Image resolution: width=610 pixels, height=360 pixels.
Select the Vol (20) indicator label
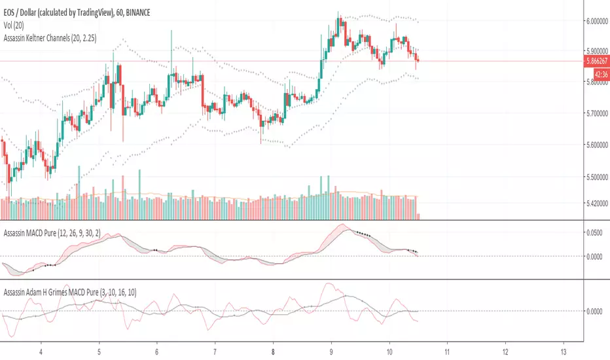pyautogui.click(x=16, y=20)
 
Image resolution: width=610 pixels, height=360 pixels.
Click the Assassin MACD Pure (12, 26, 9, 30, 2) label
pyautogui.click(x=65, y=232)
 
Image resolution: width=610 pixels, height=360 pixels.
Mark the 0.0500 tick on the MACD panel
pyautogui.click(x=597, y=232)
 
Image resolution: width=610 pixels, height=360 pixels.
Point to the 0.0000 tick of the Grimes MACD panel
pyautogui.click(x=597, y=311)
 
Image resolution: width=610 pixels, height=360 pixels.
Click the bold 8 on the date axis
pyautogui.click(x=273, y=350)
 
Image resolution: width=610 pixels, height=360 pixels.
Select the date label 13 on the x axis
pyautogui.click(x=564, y=350)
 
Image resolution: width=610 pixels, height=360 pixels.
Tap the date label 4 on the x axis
pyautogui.click(x=41, y=350)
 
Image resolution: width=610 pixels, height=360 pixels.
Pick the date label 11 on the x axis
pyautogui.click(x=447, y=350)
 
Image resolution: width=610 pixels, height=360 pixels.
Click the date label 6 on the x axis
pyautogui.click(x=156, y=350)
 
